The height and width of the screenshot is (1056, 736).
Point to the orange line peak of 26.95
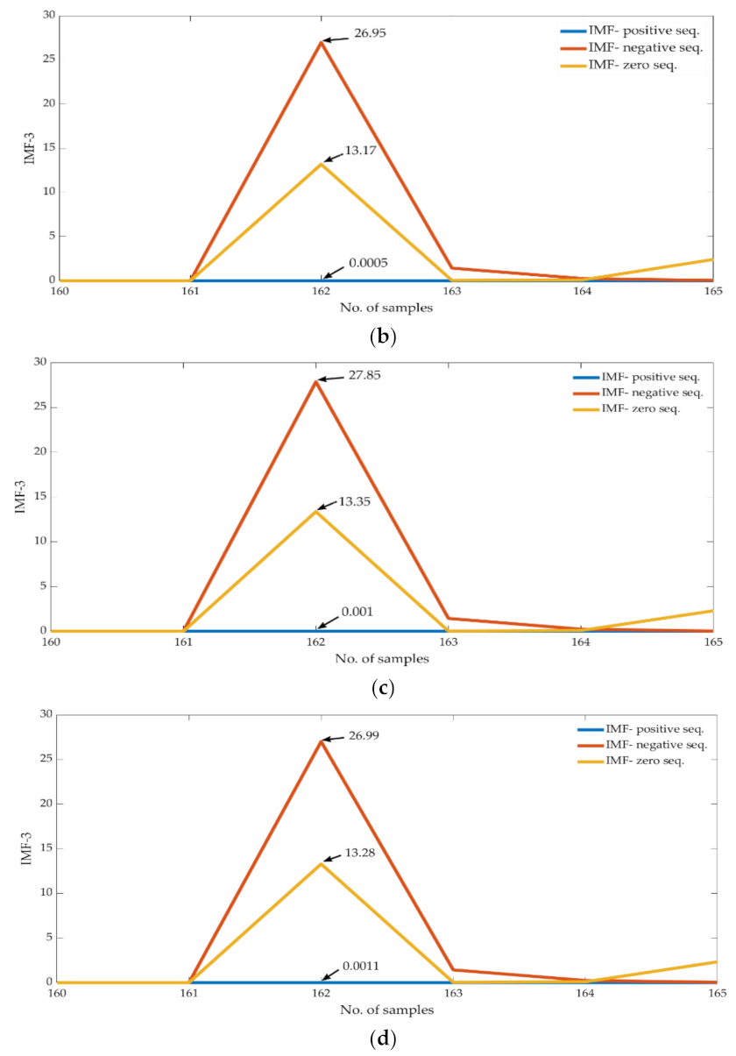(322, 42)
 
